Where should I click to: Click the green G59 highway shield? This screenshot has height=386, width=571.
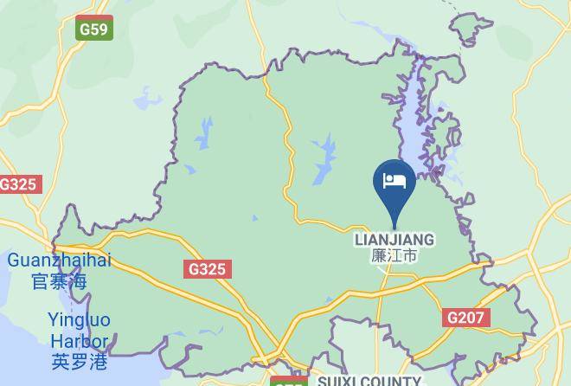(93, 29)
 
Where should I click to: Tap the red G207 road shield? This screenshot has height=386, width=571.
(465, 318)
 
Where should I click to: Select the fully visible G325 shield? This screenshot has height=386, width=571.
(207, 269)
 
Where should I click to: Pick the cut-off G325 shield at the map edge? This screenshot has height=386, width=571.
(18, 184)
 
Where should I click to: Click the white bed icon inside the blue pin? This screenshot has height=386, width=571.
(394, 180)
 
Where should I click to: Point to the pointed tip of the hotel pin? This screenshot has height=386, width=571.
(394, 227)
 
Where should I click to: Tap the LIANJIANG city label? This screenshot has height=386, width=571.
(394, 239)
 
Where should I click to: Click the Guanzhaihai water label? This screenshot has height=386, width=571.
(59, 261)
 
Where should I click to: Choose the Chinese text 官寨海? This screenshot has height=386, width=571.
(59, 281)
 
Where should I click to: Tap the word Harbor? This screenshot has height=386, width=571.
(79, 342)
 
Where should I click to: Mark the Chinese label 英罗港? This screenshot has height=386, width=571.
(79, 363)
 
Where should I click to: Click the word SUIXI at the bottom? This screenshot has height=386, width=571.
(337, 381)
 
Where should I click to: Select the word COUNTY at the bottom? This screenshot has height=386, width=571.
(391, 381)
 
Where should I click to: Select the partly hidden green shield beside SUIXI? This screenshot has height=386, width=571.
(289, 381)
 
